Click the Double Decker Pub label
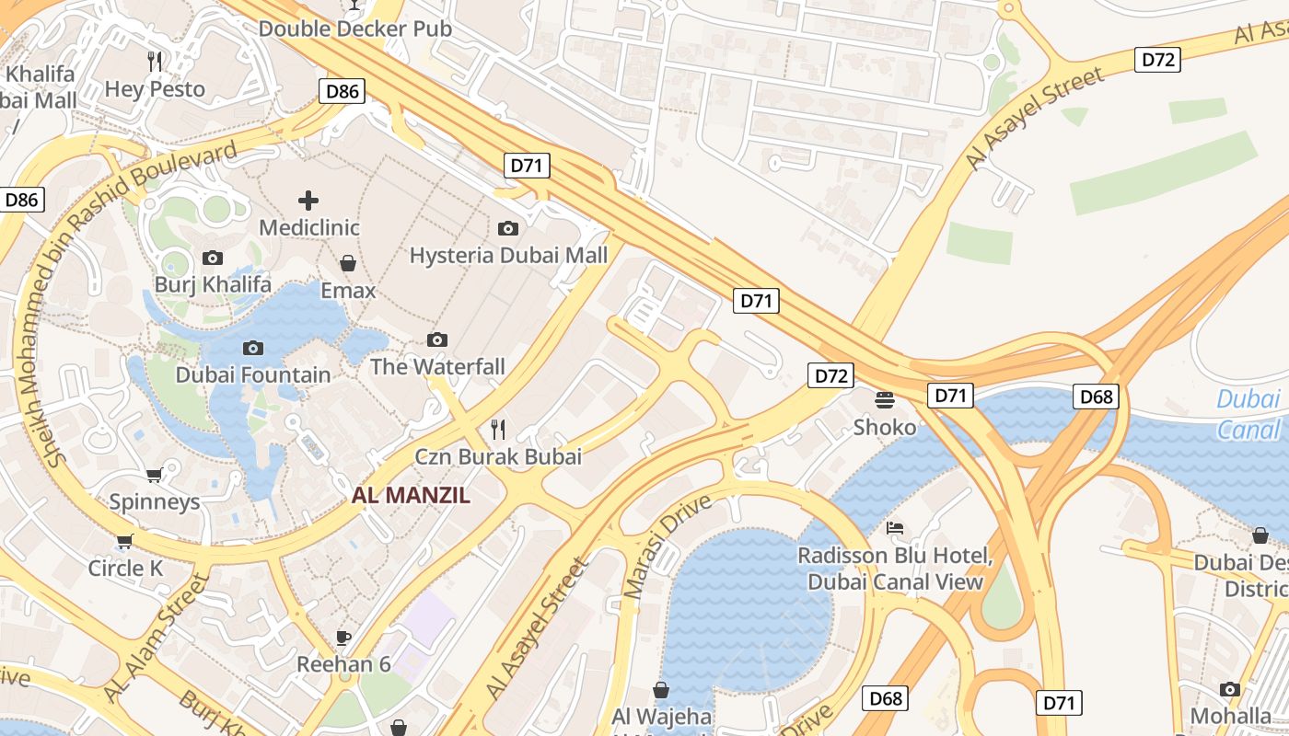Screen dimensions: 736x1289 pyautogui.click(x=355, y=29)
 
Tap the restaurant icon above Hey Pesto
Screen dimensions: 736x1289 pyautogui.click(x=155, y=62)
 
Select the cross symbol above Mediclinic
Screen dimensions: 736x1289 pyautogui.click(x=308, y=200)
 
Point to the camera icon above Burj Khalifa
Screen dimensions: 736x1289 pyautogui.click(x=213, y=258)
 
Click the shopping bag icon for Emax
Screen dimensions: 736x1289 pyautogui.click(x=348, y=264)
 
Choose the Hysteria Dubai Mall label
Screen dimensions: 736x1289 pyautogui.click(x=508, y=255)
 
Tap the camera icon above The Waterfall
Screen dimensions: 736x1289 pyautogui.click(x=437, y=339)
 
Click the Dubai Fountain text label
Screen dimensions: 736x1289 pyautogui.click(x=253, y=374)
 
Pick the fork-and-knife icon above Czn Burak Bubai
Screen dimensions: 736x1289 pyautogui.click(x=498, y=429)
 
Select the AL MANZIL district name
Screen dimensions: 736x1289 pyautogui.click(x=411, y=495)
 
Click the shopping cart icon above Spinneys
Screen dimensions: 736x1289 pyautogui.click(x=155, y=475)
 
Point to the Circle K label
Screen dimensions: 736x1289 pyautogui.click(x=125, y=568)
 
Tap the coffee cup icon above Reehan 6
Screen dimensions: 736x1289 pyautogui.click(x=343, y=637)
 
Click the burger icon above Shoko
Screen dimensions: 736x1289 pyautogui.click(x=885, y=400)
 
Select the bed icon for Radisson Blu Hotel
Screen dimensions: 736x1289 pyautogui.click(x=895, y=528)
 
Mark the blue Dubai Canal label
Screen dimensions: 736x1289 pyautogui.click(x=1248, y=414)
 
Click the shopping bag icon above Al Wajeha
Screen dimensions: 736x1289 pyautogui.click(x=661, y=689)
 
